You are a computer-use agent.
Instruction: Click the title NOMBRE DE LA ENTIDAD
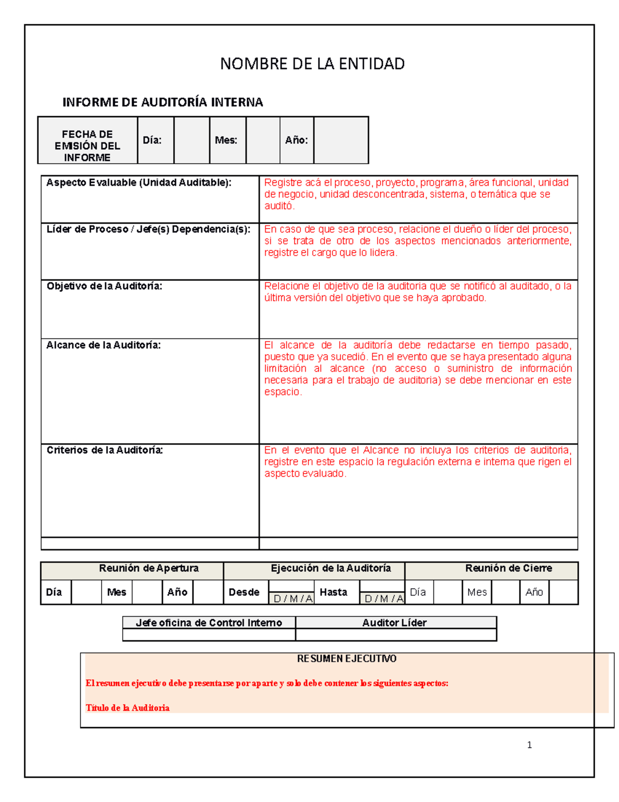(312, 64)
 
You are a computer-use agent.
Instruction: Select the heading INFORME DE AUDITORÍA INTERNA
(162, 102)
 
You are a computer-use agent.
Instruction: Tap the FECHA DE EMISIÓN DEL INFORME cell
(87, 146)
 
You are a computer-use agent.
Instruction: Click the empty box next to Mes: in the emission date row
(263, 140)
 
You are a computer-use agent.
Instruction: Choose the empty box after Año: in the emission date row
(341, 140)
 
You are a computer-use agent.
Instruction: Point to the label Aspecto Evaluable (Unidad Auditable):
(139, 183)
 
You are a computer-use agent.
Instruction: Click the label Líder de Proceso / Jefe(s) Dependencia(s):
(149, 229)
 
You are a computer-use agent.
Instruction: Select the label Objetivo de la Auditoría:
(104, 286)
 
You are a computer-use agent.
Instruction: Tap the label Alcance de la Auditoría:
(103, 345)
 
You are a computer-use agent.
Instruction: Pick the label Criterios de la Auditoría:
(105, 450)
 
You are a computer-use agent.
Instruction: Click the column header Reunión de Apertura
(149, 568)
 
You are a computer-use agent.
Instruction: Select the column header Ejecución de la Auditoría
(331, 568)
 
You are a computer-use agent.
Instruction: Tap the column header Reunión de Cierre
(508, 568)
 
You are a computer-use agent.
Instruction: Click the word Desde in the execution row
(244, 592)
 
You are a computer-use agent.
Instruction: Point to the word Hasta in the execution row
(333, 592)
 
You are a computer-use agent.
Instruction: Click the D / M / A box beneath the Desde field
(292, 599)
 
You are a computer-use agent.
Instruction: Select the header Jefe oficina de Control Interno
(208, 623)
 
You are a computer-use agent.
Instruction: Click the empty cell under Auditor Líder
(396, 635)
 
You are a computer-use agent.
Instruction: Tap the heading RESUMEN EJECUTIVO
(347, 658)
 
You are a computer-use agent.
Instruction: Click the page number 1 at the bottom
(529, 745)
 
